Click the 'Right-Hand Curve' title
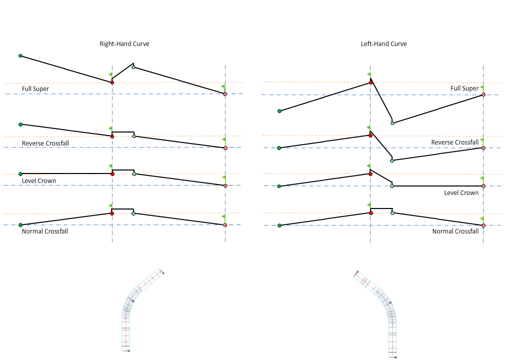pos(124,44)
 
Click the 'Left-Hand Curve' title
pos(383,44)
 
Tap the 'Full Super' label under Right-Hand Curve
pos(35,89)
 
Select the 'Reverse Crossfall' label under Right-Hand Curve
pos(45,143)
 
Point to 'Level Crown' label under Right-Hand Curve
pos(39,181)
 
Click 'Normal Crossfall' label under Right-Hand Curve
pos(45,231)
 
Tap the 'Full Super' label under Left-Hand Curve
pos(464,88)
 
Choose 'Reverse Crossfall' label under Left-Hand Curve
pos(455,142)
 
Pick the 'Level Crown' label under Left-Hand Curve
pos(461,193)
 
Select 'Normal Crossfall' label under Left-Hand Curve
pos(455,231)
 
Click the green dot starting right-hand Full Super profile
pos(20,56)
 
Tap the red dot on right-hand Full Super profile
pos(112,82)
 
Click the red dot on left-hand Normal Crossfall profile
pos(370,213)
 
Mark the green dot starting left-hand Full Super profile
pos(279,111)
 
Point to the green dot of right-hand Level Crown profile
pos(20,174)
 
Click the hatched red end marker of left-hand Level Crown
pos(483,186)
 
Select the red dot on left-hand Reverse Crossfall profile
pos(370,135)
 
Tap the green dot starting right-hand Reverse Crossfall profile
pos(20,124)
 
